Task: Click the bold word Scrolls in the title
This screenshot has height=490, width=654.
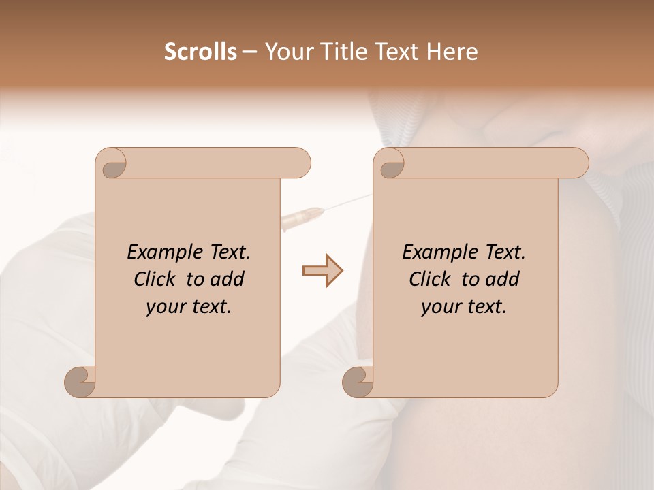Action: (x=201, y=52)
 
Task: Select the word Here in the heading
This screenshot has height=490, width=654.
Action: (x=452, y=52)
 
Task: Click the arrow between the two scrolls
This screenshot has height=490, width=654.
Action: (x=322, y=271)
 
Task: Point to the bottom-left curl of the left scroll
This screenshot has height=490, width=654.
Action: (x=80, y=382)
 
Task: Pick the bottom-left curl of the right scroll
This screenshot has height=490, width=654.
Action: (x=358, y=382)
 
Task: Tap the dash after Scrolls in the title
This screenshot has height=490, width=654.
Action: (x=250, y=52)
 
